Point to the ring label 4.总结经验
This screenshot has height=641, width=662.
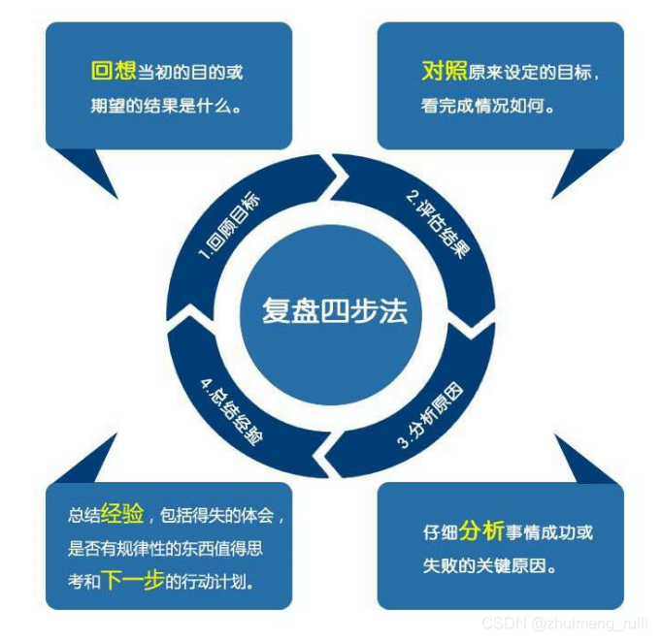[x=232, y=409]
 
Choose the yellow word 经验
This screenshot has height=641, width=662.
[x=122, y=514]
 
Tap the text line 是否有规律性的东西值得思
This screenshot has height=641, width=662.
[x=165, y=549]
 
